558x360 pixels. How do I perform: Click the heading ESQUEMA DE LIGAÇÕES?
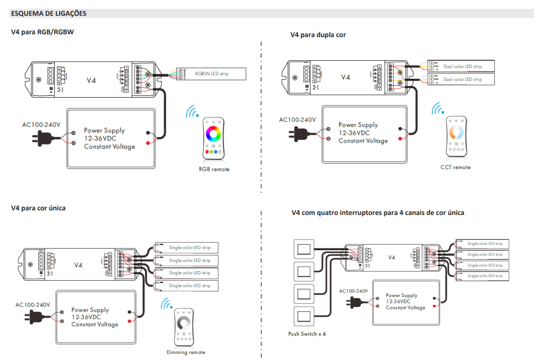click(49, 13)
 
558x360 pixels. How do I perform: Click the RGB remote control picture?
click(213, 139)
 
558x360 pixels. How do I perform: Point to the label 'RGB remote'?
click(214, 170)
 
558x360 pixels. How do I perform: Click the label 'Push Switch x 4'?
click(307, 334)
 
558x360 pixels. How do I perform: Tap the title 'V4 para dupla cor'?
click(318, 35)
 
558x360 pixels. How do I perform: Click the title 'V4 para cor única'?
click(38, 208)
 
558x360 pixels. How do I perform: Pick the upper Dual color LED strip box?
click(462, 66)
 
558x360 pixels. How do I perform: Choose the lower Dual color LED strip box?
click(462, 79)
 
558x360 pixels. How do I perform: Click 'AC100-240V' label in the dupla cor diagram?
click(297, 120)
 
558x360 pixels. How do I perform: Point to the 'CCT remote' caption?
click(455, 167)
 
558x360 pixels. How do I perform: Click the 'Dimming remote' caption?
click(186, 353)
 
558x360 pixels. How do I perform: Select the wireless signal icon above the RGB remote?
click(191, 112)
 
